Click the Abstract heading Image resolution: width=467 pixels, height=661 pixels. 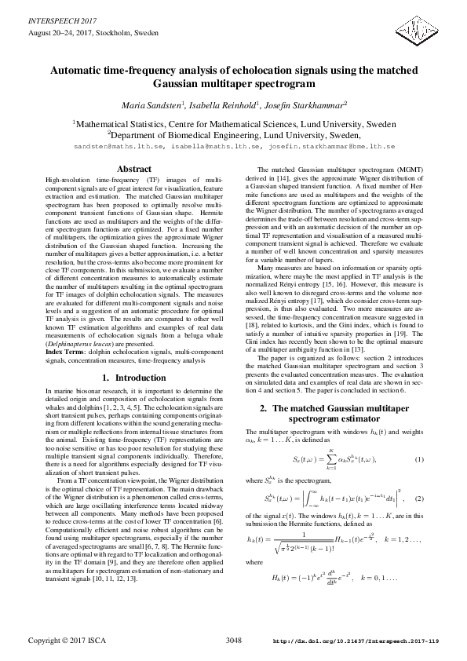pyautogui.click(x=133, y=170)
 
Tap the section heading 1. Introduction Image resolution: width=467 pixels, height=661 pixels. pyautogui.click(x=133, y=378)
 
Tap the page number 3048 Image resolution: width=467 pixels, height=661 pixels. pyautogui.click(x=233, y=641)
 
